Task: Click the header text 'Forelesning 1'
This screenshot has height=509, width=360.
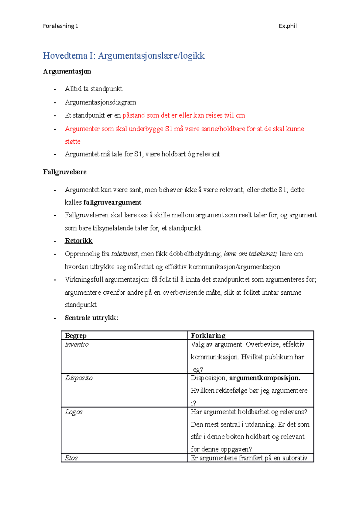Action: tap(60, 26)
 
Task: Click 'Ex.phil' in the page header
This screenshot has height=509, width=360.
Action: tap(287, 26)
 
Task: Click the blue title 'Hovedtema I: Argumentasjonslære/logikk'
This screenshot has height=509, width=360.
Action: tap(124, 56)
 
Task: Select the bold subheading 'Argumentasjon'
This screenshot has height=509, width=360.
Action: tap(67, 71)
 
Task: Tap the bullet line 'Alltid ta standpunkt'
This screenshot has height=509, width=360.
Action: tap(93, 89)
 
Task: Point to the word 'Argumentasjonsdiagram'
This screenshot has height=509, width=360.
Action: tap(100, 102)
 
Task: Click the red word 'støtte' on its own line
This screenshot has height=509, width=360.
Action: tap(73, 141)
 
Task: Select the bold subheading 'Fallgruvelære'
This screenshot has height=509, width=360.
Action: tap(64, 172)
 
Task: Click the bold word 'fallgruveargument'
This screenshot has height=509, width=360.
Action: tap(112, 203)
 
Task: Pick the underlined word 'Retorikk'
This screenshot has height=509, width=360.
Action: tap(79, 241)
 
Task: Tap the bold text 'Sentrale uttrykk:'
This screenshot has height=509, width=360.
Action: tap(91, 318)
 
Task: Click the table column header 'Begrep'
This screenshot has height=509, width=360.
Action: tap(76, 335)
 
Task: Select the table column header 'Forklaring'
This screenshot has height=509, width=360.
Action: tap(208, 335)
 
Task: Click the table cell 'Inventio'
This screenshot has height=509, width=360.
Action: tap(77, 344)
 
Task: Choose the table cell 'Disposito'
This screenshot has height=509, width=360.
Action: tap(79, 378)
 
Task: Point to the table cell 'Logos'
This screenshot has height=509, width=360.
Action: tap(74, 412)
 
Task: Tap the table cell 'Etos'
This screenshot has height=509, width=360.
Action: tap(71, 458)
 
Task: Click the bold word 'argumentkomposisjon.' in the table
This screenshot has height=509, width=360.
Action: tap(265, 378)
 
